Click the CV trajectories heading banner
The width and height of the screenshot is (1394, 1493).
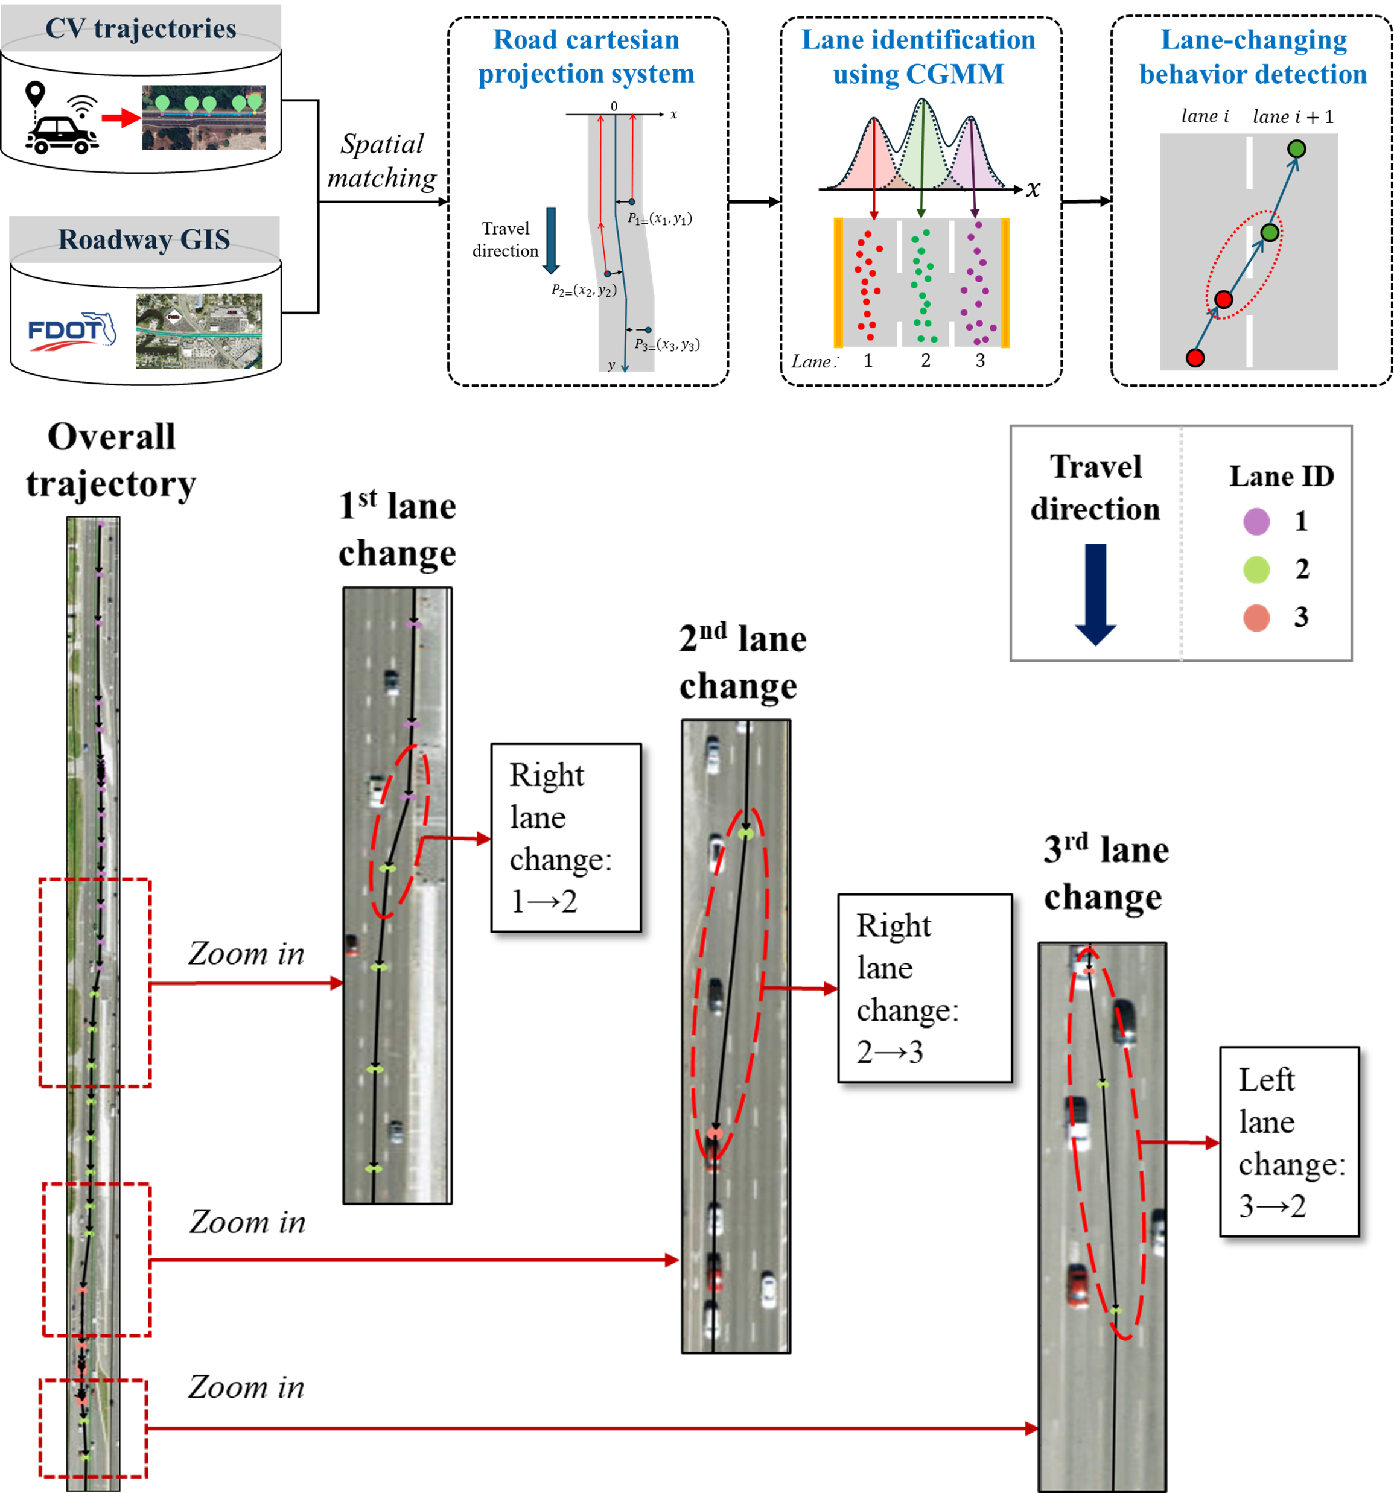coord(141,28)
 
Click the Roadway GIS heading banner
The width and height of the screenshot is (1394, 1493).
coord(144,239)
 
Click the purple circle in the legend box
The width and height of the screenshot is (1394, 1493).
coord(1256,521)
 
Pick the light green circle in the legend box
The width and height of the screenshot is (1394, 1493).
coord(1256,569)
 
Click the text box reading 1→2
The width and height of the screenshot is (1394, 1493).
coord(565,837)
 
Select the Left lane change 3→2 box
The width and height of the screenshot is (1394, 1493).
coord(1289,1141)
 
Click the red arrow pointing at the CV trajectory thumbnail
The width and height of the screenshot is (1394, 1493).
coord(120,118)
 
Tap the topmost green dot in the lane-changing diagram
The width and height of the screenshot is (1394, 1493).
coord(1296,149)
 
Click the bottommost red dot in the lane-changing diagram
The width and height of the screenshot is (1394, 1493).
coord(1195,358)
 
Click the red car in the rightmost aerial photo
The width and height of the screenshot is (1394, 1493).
coord(1078,1285)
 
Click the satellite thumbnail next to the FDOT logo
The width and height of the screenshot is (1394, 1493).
coord(199,331)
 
